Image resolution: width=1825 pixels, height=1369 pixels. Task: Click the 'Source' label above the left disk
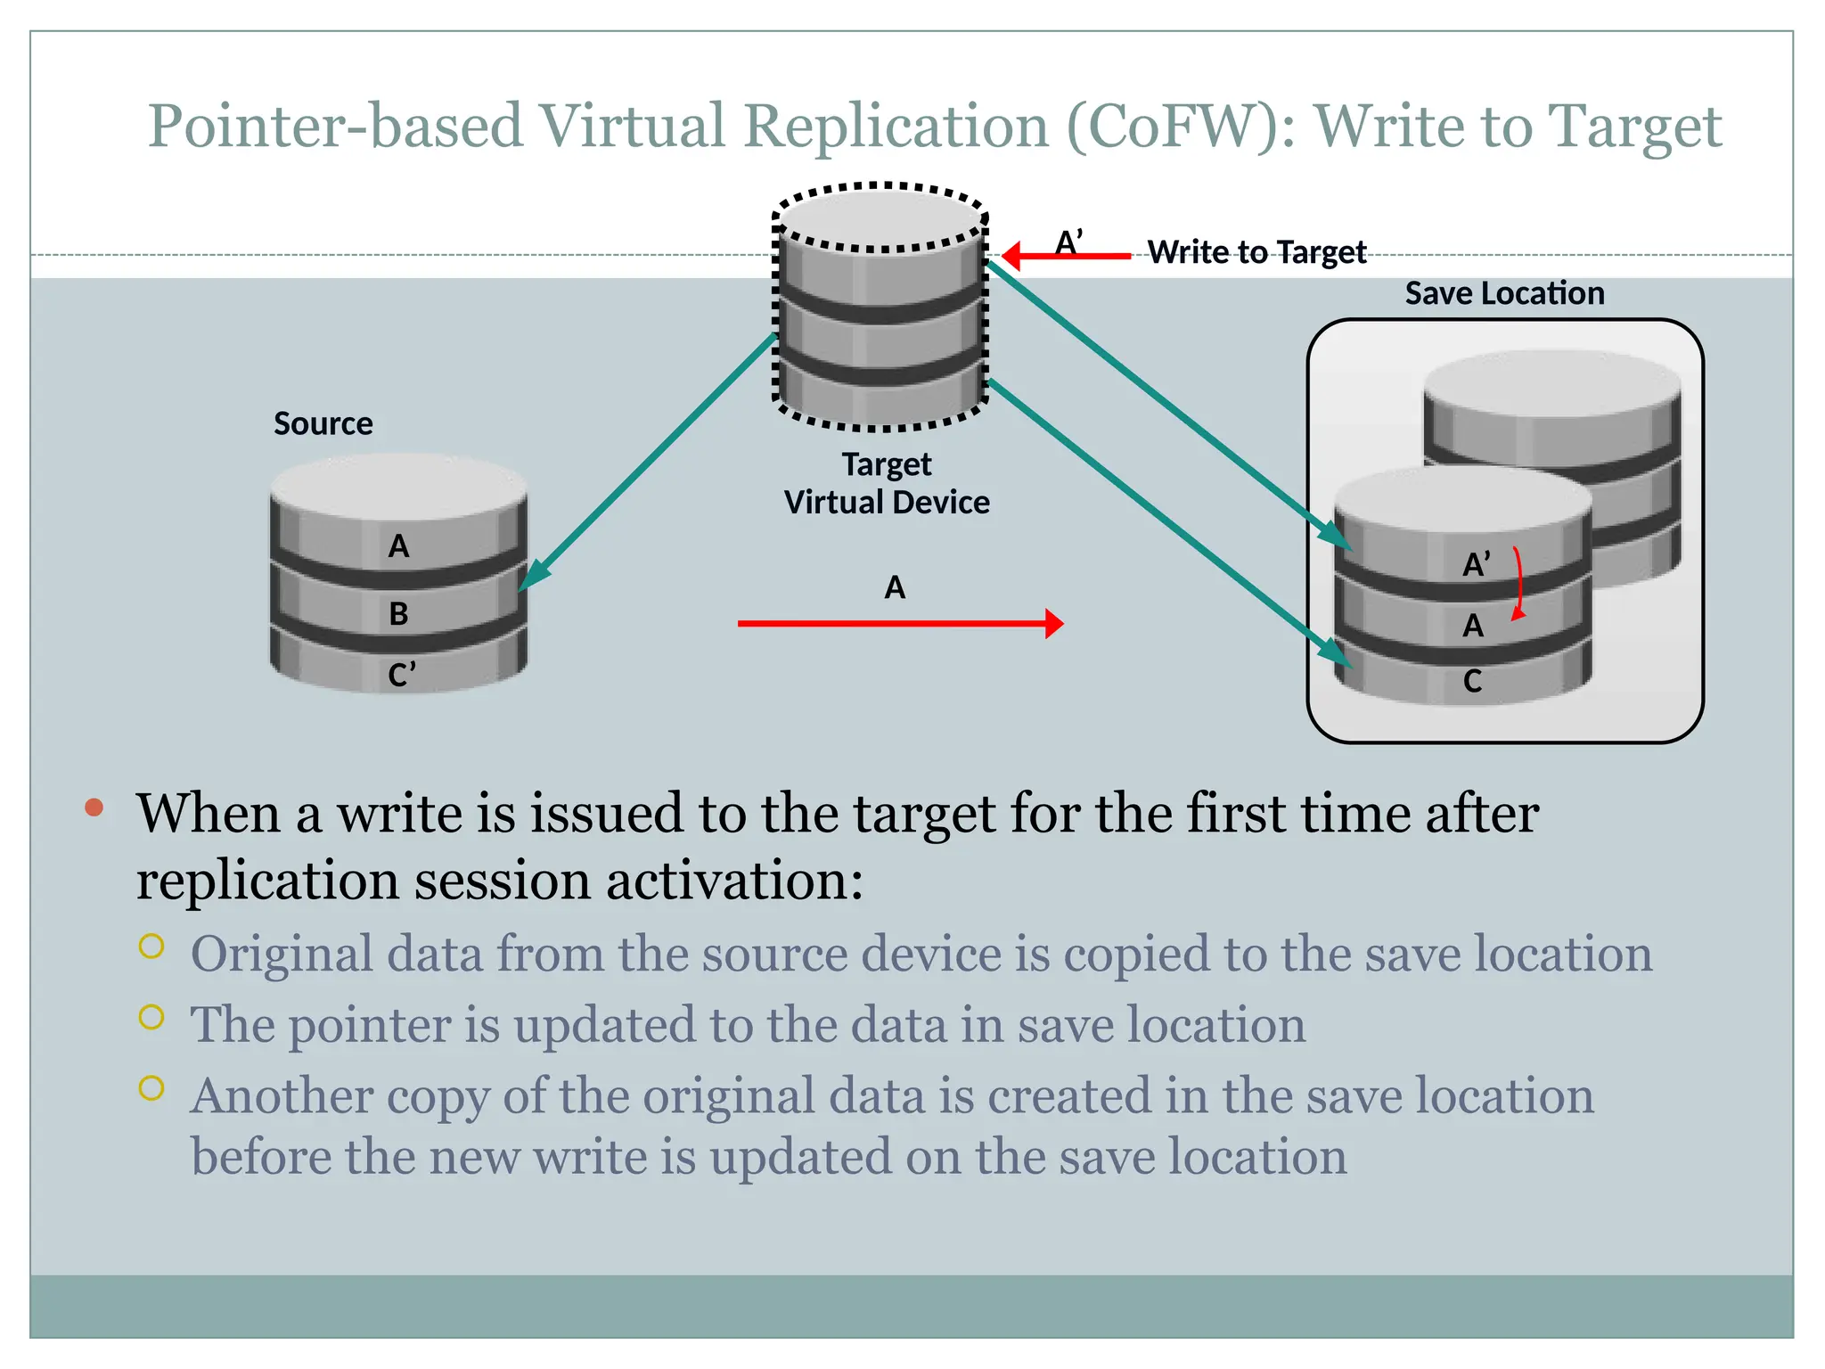[x=323, y=423]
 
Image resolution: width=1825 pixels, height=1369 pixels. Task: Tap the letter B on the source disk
[x=398, y=613]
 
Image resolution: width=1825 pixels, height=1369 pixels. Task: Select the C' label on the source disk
[x=401, y=674]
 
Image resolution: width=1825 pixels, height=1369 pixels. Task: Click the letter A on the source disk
[x=398, y=545]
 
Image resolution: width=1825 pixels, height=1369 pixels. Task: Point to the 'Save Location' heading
[x=1504, y=293]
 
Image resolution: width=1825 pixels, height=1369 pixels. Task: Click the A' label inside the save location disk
[x=1476, y=564]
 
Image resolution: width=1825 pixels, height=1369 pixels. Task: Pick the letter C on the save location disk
[x=1472, y=681]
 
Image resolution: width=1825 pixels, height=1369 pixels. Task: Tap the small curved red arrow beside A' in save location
[x=1518, y=584]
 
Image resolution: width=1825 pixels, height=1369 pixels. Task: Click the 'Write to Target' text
[x=1256, y=252]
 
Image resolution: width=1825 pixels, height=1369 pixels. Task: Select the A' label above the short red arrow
[x=1068, y=242]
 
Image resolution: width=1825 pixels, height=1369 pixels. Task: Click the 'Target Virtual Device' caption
[x=887, y=483]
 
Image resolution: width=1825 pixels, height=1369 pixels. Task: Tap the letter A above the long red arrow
[x=895, y=587]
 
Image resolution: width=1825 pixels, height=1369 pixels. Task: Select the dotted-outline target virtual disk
[x=880, y=307]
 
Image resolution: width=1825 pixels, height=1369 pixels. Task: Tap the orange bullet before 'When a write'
[x=94, y=808]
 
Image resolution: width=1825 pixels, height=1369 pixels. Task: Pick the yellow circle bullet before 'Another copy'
[x=151, y=1088]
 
